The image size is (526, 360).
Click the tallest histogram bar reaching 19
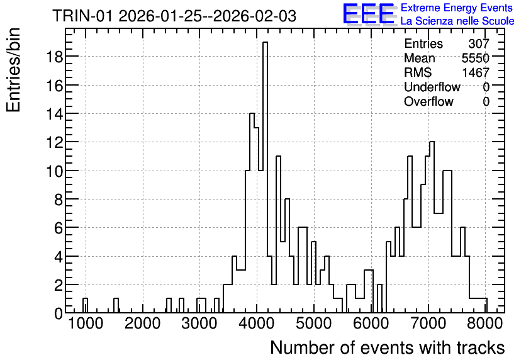pos(265,177)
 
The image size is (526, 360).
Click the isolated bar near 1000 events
pos(85,305)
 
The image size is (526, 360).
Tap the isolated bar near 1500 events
pos(116,305)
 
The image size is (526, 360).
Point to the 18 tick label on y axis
pos(55,57)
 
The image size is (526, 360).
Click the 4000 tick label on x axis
pos(257,323)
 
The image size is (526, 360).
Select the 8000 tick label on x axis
pos(484,323)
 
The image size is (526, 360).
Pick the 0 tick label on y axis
pos(59,313)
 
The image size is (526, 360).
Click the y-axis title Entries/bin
pos(14,70)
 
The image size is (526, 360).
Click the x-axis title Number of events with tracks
pos(388,347)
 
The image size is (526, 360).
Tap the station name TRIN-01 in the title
pos(83,16)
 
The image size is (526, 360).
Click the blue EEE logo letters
pos(369,14)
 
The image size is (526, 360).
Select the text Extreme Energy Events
pos(457,8)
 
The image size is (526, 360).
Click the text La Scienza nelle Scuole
pos(457,21)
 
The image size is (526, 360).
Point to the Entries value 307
pos(479,43)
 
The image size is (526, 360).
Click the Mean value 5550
pos(475,58)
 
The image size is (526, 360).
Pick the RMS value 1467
pos(476,72)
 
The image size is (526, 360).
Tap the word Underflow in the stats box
pos(432,87)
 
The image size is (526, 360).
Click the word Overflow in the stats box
pos(428,101)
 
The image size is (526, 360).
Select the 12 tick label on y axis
pos(55,142)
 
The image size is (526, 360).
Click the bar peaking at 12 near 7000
pos(432,227)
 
